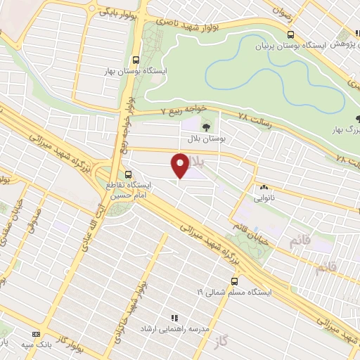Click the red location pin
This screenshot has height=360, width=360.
tap(180, 165)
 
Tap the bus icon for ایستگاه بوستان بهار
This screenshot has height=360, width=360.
tap(136, 60)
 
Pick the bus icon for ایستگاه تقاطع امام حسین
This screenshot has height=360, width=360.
tap(128, 174)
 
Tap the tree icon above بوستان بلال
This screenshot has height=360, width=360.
tap(206, 127)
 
